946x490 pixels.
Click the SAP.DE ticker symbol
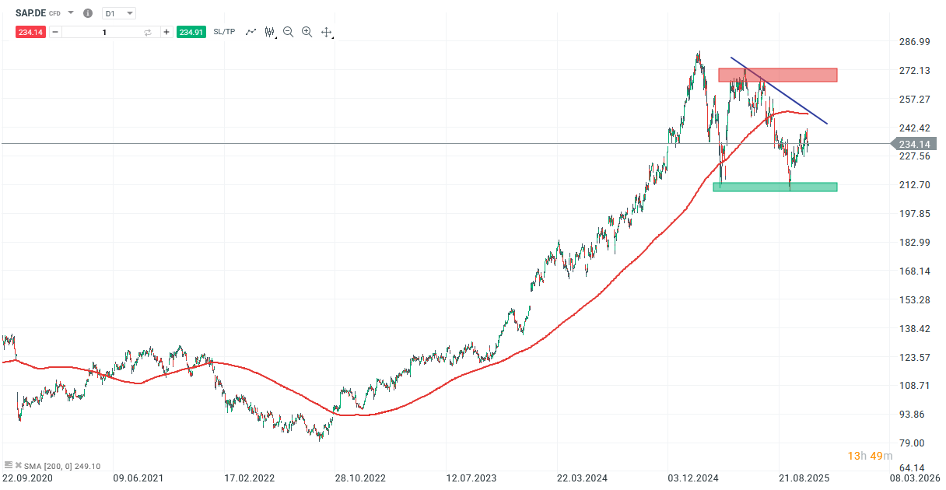(30, 13)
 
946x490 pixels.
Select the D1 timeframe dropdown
(118, 13)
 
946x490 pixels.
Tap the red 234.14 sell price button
(32, 32)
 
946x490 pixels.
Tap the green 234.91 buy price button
(191, 32)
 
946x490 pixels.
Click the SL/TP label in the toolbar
(224, 32)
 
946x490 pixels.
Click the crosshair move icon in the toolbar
(327, 32)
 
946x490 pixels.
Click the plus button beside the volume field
(166, 32)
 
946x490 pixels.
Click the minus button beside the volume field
(55, 32)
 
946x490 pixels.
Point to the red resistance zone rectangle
(777, 75)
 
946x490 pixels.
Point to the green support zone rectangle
(775, 187)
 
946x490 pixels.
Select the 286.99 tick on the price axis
(914, 41)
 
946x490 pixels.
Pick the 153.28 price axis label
(914, 299)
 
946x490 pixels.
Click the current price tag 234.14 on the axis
(914, 144)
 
